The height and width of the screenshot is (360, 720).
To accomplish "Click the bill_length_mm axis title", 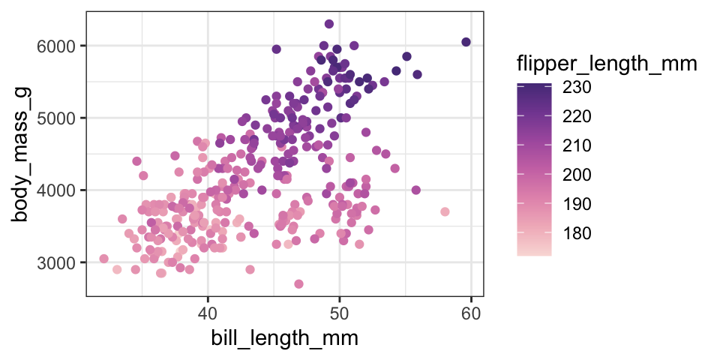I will pyautogui.click(x=283, y=338).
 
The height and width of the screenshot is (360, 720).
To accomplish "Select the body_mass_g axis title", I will pyautogui.click(x=22, y=154).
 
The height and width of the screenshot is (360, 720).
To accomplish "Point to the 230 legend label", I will pyautogui.click(x=577, y=88).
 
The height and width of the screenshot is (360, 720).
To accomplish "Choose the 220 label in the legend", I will pyautogui.click(x=577, y=117).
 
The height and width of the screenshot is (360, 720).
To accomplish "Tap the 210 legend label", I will pyautogui.click(x=577, y=145).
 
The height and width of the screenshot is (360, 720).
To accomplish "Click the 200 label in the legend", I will pyautogui.click(x=577, y=175).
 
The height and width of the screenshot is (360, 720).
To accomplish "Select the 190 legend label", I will pyautogui.click(x=577, y=204).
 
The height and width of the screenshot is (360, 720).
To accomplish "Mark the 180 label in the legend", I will pyautogui.click(x=577, y=233).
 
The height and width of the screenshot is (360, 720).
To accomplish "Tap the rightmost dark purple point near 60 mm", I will pyautogui.click(x=466, y=42).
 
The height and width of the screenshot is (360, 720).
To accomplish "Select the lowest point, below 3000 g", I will pyautogui.click(x=298, y=283).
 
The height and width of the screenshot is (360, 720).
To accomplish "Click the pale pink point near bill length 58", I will pyautogui.click(x=445, y=211).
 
